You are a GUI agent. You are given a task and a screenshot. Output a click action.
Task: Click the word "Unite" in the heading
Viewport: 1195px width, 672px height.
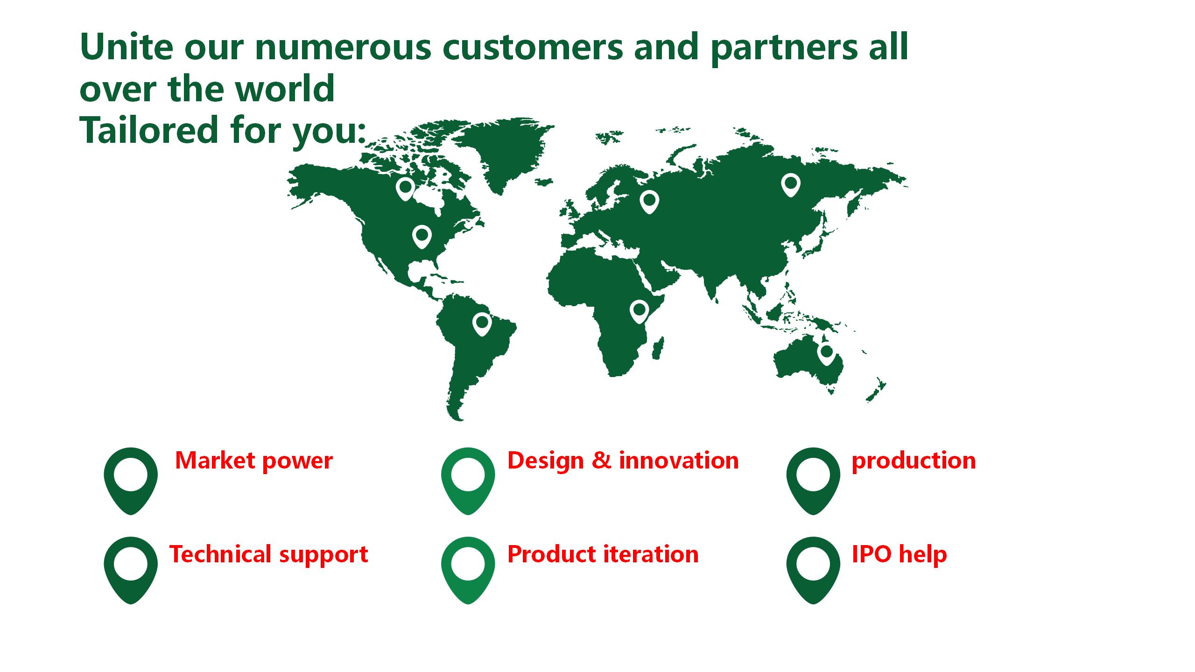click(127, 47)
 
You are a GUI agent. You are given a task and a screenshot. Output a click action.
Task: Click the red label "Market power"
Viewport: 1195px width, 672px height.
click(254, 461)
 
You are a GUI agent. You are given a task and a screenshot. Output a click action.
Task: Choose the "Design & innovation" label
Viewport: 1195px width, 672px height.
click(623, 461)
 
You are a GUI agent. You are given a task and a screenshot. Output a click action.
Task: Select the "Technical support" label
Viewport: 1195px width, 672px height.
click(269, 554)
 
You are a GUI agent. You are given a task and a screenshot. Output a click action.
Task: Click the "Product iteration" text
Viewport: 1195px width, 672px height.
click(603, 554)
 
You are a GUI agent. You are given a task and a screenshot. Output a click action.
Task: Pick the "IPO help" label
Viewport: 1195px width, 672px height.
click(900, 554)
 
